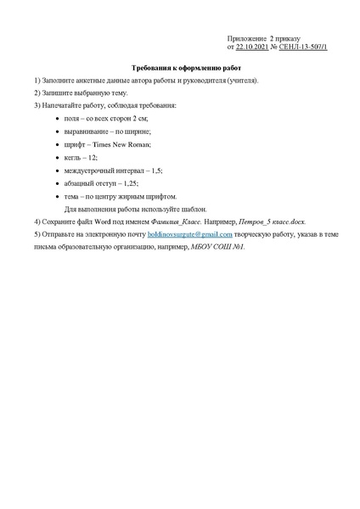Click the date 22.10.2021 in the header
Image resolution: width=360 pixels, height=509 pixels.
pyautogui.click(x=252, y=48)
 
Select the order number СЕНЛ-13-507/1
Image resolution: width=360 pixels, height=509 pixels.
pyautogui.click(x=303, y=48)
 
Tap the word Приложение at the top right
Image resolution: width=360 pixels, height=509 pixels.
pyautogui.click(x=246, y=39)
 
